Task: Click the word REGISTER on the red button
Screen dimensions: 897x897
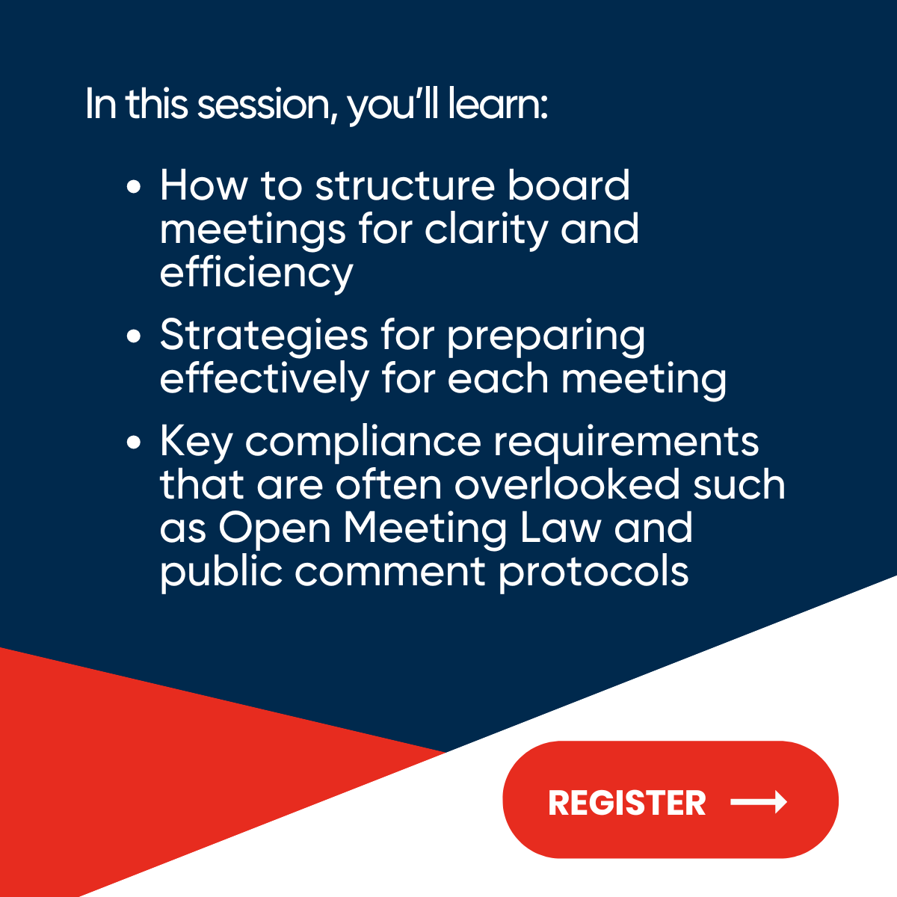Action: point(626,803)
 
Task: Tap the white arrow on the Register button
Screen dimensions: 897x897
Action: point(758,802)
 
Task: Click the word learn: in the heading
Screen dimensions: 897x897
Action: point(498,104)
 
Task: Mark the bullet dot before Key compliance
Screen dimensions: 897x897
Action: point(134,442)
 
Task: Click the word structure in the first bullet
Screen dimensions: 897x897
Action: point(404,185)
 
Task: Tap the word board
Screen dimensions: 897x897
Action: point(569,185)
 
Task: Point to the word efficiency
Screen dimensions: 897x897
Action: point(256,273)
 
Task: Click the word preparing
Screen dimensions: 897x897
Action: point(546,336)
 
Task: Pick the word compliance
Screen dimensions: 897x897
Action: point(363,443)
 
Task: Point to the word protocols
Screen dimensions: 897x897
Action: point(594,572)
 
